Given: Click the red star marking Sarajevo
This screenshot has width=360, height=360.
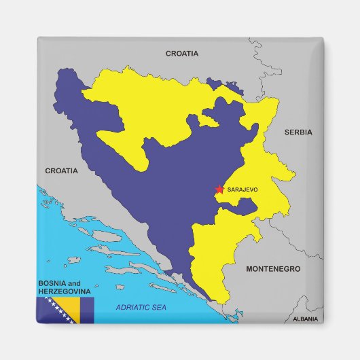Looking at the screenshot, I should [219, 190].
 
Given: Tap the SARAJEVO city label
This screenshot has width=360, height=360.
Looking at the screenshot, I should [243, 190].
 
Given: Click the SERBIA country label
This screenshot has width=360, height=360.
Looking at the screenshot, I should [298, 132].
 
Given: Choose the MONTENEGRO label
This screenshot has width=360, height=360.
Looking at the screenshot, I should [272, 269].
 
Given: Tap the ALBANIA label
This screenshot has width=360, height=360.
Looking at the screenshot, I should [304, 319].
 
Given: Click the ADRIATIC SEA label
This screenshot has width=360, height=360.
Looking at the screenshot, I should [141, 308].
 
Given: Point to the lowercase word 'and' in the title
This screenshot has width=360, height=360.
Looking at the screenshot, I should [73, 283].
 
